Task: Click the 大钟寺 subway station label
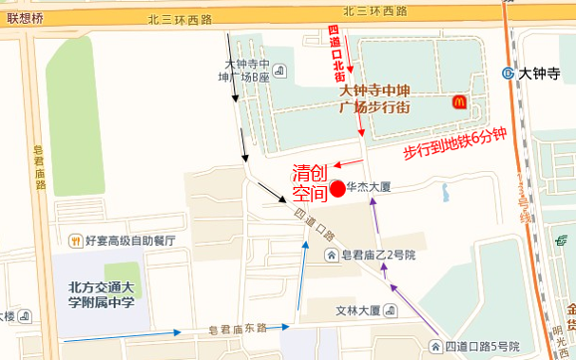coord(541,70)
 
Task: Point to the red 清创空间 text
coord(310,183)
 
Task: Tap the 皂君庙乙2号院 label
coord(378,255)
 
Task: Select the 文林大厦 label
coord(358,310)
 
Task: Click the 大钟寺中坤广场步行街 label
coord(375,98)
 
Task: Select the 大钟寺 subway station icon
coord(509,71)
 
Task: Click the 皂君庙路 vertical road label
coord(39,166)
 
